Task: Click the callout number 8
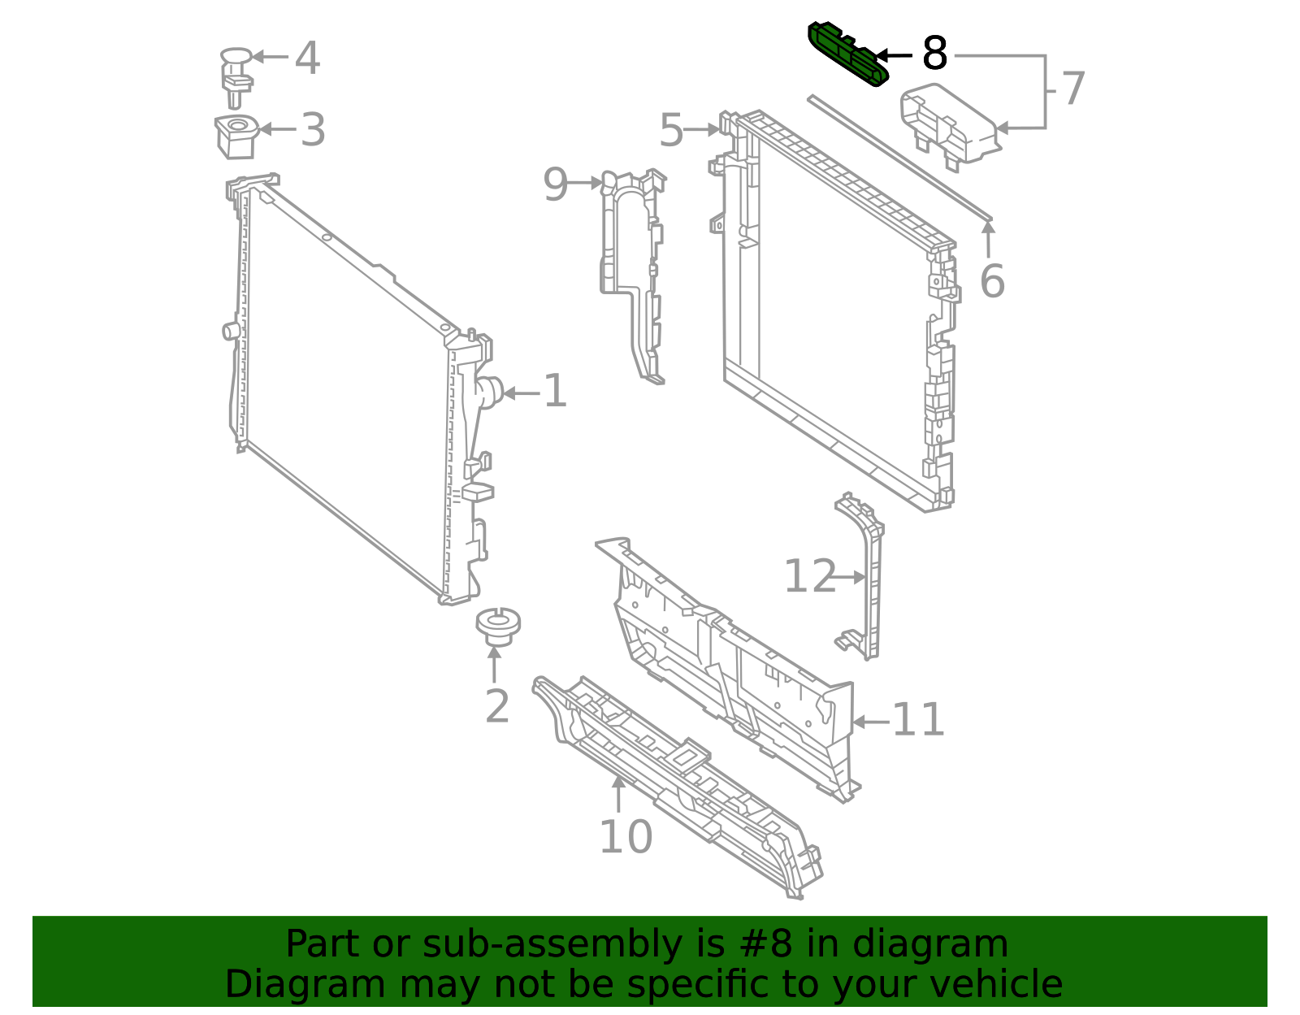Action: [x=934, y=53]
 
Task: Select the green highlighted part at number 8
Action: [x=847, y=54]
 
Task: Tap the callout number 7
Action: [x=1073, y=89]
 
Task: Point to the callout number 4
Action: [x=307, y=58]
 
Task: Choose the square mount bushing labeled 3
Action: [x=236, y=137]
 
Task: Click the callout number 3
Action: [x=313, y=130]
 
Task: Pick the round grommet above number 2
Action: [x=498, y=627]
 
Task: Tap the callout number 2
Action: [x=497, y=706]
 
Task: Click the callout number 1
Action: [x=555, y=391]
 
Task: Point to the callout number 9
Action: [x=556, y=184]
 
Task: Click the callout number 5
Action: [x=671, y=130]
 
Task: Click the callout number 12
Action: [x=810, y=576]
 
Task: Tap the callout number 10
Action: [x=626, y=837]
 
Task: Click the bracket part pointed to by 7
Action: [x=950, y=126]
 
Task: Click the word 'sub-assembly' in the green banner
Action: [x=552, y=944]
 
